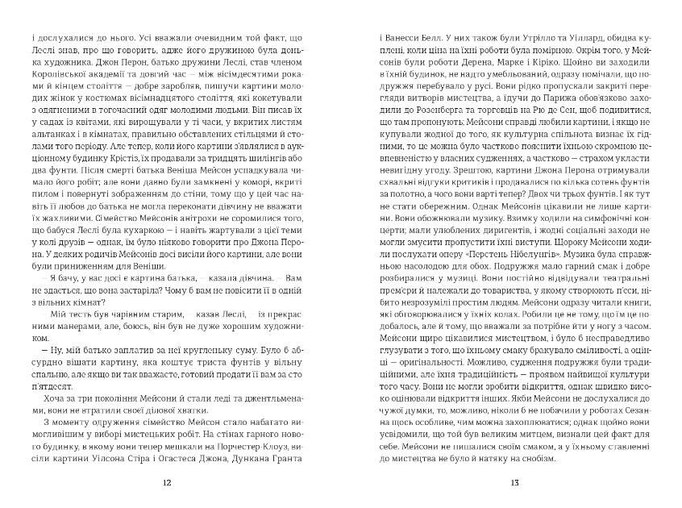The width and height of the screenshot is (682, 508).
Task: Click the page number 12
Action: [167, 483]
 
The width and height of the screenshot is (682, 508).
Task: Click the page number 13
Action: [514, 483]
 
